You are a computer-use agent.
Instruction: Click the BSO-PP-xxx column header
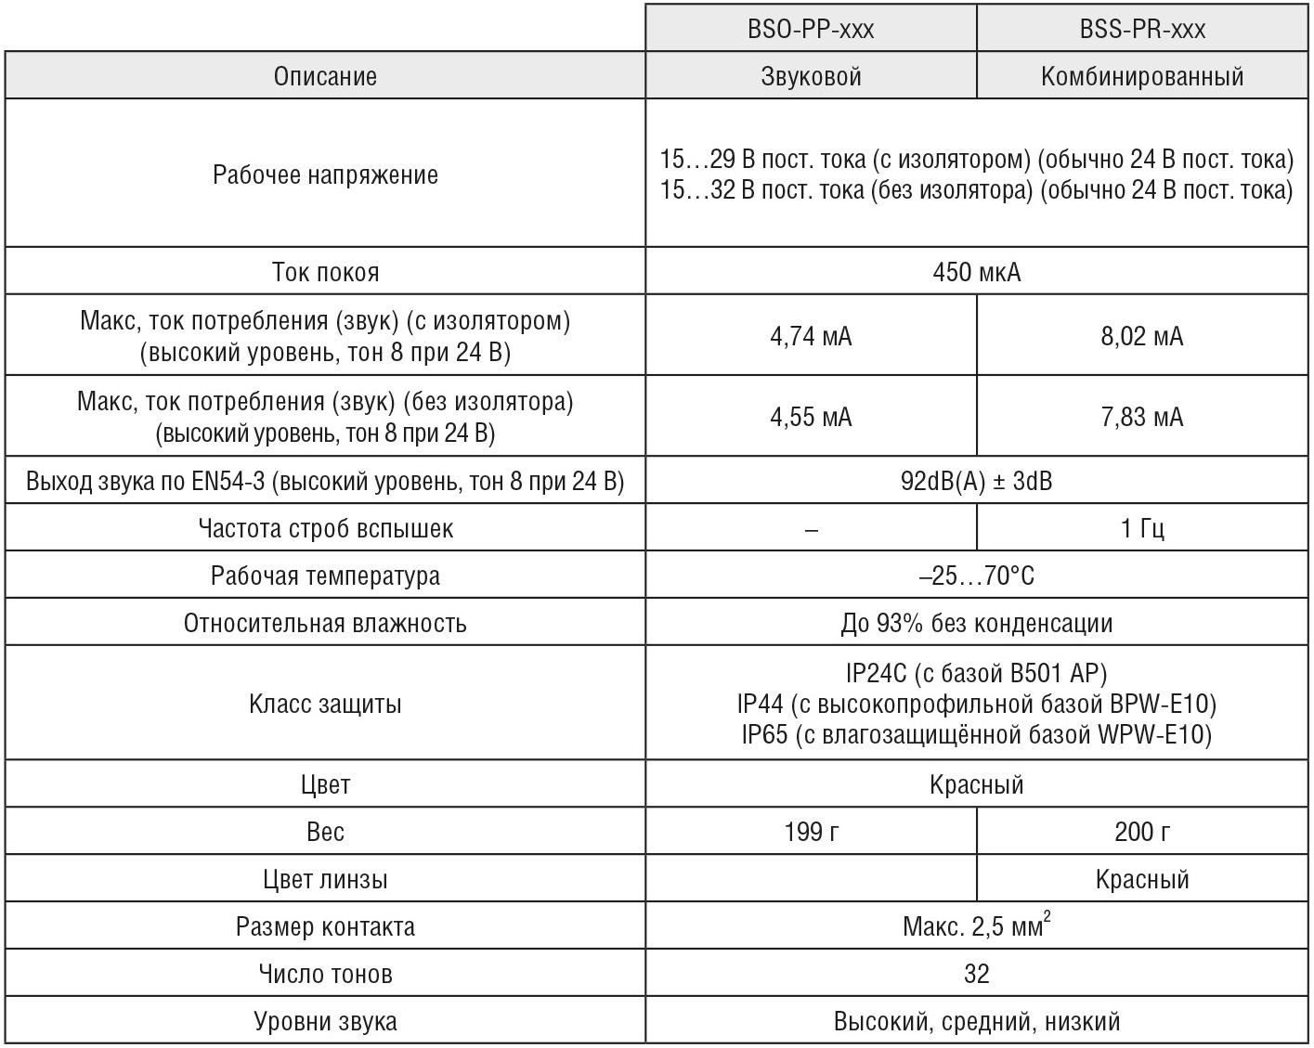[x=811, y=30]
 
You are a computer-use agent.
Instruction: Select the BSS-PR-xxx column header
[x=1142, y=30]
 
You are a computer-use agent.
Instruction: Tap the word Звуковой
[x=811, y=76]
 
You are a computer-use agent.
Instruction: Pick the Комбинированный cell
[x=1142, y=76]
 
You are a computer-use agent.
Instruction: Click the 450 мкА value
[x=976, y=272]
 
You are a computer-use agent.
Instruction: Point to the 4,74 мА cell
[x=811, y=336]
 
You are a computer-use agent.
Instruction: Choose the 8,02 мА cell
[x=1142, y=336]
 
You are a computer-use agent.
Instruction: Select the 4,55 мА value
[x=811, y=417]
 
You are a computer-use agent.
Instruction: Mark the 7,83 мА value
[x=1142, y=417]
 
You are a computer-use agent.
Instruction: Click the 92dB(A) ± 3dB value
[x=976, y=481]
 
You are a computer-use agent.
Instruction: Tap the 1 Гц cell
[x=1142, y=528]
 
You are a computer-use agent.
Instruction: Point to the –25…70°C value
[x=976, y=576]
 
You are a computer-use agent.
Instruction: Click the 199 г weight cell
[x=811, y=831]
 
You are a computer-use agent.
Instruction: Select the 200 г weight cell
[x=1142, y=831]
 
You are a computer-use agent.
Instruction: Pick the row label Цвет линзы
[x=325, y=878]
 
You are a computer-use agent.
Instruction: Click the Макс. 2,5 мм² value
[x=976, y=925]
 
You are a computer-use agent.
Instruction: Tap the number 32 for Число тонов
[x=976, y=973]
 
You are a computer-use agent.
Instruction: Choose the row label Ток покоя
[x=325, y=272]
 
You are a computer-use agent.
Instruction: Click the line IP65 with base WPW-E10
[x=976, y=735]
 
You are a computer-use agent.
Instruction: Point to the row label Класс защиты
[x=325, y=704]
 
